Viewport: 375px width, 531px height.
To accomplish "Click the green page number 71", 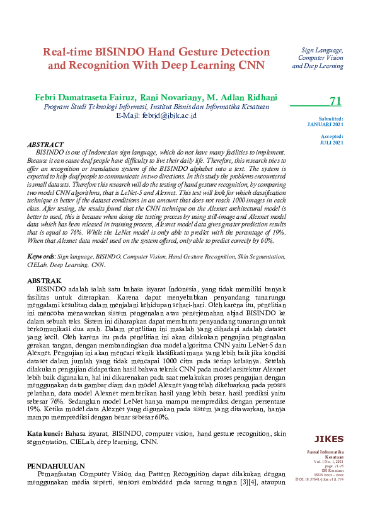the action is [335, 102].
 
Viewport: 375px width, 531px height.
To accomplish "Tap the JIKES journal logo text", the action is [328, 439].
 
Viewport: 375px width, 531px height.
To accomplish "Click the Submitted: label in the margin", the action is [331, 119].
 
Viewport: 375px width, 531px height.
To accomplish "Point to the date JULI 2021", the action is [332, 143].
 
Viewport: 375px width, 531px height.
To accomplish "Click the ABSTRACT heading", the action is [46, 144].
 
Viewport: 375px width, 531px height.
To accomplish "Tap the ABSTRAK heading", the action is [44, 281].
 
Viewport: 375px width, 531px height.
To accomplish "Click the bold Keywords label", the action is [41, 257].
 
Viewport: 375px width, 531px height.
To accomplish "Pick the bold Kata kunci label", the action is [44, 434].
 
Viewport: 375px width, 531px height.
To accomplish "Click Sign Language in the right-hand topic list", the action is [322, 49].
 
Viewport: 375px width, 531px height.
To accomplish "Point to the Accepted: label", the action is [332, 136].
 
